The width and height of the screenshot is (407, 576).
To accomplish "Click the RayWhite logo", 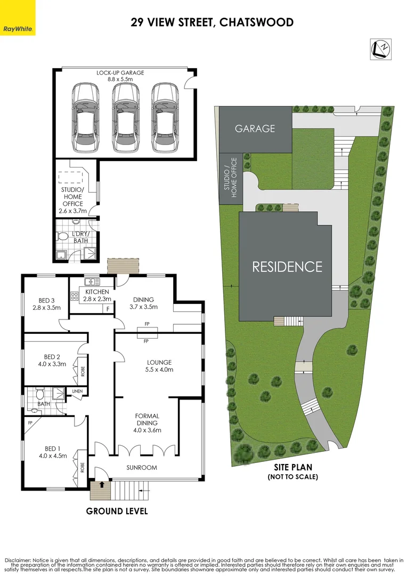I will pos(18,28).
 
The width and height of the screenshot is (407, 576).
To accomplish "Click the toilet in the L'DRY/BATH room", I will pos(62,235).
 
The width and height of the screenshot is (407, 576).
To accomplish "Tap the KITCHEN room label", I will pos(96,292).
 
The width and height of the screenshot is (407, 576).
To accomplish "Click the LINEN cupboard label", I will pos(77,391).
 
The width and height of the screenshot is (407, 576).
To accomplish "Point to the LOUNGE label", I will pos(159,362).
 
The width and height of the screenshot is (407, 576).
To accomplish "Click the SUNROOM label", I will pos(142,468).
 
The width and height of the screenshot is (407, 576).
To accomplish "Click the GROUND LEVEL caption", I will pos(117,511).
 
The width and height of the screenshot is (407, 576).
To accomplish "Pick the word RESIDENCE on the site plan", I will pos(287,267).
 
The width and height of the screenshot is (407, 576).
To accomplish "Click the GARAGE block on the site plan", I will pos(256,128).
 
